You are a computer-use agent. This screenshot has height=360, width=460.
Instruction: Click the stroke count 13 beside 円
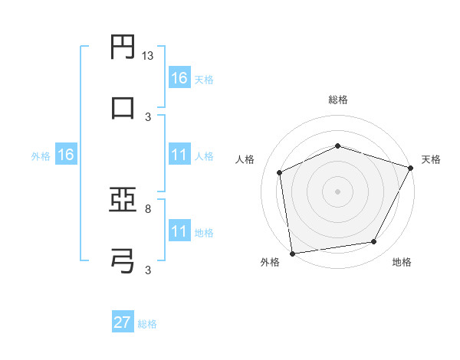(x=148, y=56)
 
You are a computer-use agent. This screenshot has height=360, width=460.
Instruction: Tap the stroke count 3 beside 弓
(x=147, y=270)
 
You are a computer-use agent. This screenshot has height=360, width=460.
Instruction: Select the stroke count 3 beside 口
(x=147, y=117)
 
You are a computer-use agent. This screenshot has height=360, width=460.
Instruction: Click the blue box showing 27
(x=123, y=322)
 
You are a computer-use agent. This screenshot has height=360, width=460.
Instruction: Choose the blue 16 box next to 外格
(x=65, y=155)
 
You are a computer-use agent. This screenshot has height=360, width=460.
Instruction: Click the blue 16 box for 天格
(x=179, y=78)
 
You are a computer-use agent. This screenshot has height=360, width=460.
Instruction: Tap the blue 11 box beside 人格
(x=179, y=155)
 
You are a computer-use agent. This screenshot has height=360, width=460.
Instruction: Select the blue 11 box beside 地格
(x=179, y=231)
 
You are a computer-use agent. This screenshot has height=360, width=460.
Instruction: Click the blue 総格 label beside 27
(x=147, y=324)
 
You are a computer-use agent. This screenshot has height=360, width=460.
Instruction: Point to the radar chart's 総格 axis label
(x=338, y=100)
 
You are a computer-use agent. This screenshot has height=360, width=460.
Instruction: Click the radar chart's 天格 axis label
(x=431, y=159)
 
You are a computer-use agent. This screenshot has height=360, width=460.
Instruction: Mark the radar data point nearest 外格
(x=292, y=253)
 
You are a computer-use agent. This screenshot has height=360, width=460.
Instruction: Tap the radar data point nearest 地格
(x=374, y=242)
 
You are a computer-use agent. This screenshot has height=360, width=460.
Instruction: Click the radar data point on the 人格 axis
(x=280, y=172)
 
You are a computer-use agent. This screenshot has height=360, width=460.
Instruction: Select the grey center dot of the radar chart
(x=338, y=191)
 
